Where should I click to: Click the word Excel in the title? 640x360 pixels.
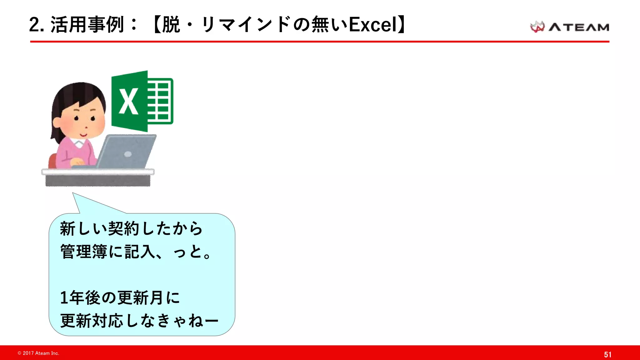(372, 25)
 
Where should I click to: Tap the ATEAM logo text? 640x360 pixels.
(579, 27)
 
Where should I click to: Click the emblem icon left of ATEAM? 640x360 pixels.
(537, 27)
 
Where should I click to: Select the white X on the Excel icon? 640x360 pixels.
(128, 102)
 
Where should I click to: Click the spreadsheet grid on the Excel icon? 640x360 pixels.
(160, 101)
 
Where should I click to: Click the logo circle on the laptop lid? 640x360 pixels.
(128, 154)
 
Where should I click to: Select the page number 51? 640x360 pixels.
(607, 354)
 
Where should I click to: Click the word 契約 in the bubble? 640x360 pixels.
(123, 228)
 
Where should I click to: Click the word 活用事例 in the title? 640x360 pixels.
(87, 25)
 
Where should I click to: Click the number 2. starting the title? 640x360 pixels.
(36, 25)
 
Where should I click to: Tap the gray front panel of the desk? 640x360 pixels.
(98, 181)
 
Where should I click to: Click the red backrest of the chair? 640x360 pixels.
(52, 161)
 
